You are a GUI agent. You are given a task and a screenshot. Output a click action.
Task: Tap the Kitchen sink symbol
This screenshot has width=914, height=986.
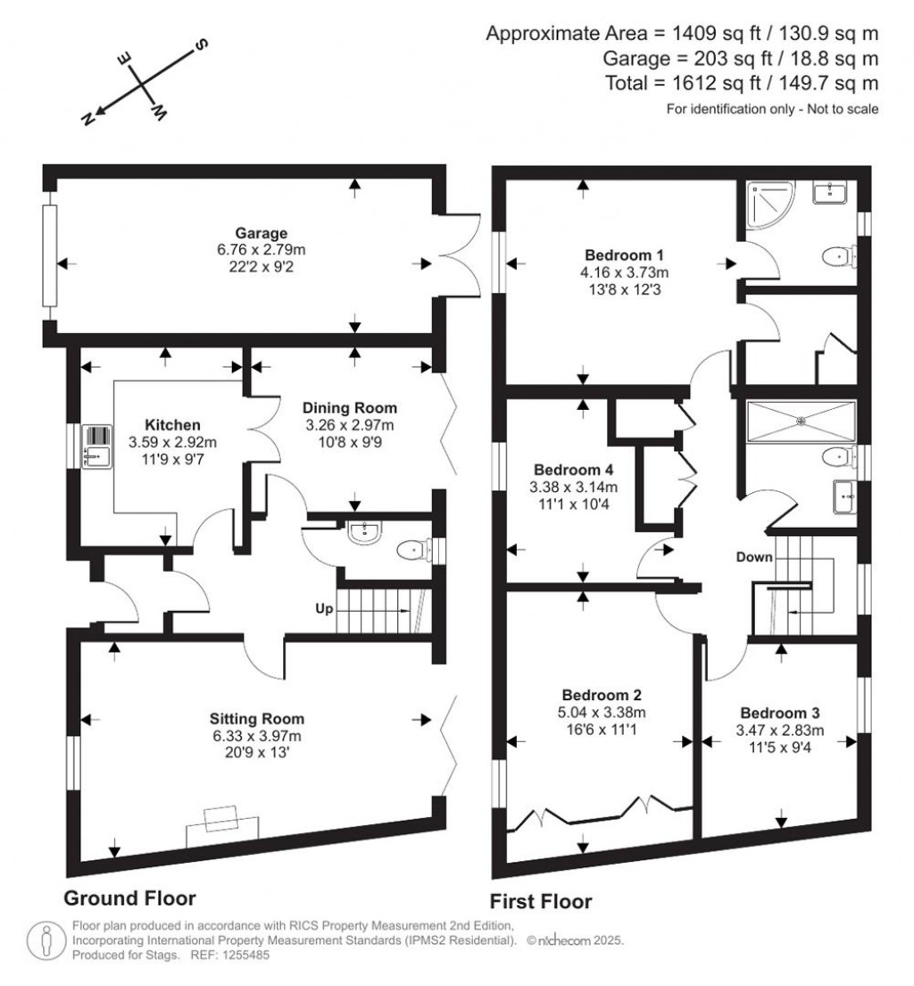pos(95,446)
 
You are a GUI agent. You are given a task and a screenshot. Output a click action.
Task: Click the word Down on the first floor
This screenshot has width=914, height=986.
pos(754,557)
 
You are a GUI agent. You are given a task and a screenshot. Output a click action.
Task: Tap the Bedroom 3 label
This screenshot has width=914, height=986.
pos(780,714)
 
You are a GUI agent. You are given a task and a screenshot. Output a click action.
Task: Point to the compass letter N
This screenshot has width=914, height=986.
pos(89,119)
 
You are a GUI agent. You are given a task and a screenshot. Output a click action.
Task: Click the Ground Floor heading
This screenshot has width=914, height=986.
pos(129,897)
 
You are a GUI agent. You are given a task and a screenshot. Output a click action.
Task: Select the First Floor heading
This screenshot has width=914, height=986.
pos(541,901)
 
